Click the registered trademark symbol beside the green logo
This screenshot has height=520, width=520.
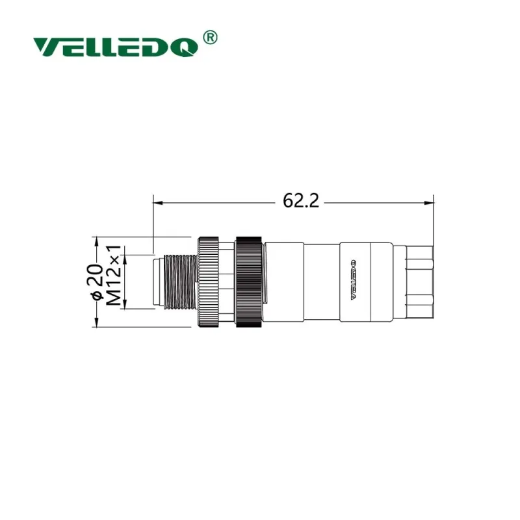(209, 38)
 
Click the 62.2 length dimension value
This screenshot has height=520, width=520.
(301, 201)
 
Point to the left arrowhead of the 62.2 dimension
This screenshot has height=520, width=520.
(158, 203)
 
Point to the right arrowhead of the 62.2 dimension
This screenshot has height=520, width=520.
(429, 203)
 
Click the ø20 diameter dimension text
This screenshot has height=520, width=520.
(97, 281)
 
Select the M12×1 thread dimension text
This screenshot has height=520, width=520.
(113, 276)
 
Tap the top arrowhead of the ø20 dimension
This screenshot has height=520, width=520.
(96, 242)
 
